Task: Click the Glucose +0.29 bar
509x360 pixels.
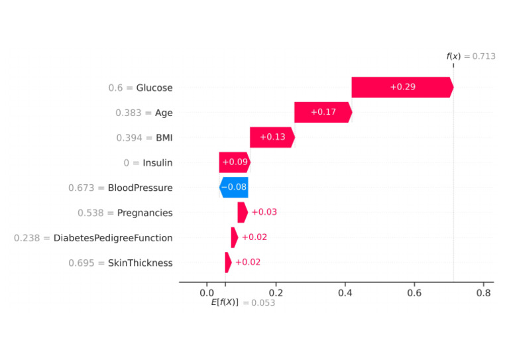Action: click(402, 88)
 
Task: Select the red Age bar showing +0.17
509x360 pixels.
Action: click(323, 113)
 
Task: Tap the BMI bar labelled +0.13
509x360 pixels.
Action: click(272, 137)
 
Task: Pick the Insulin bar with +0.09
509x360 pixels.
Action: click(234, 162)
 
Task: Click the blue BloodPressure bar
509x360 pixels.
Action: click(233, 188)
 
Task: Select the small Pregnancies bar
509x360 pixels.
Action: click(242, 212)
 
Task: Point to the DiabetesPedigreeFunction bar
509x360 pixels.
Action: click(234, 237)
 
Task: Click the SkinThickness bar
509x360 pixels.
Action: click(228, 263)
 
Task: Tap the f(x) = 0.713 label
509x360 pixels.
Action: click(471, 56)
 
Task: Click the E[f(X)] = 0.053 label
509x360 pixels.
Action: click(243, 302)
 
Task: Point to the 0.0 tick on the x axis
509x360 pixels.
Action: click(206, 292)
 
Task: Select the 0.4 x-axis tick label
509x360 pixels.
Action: click(345, 292)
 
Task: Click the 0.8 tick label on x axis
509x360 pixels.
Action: click(483, 292)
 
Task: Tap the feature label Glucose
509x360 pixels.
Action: click(154, 88)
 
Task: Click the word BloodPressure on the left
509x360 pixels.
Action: click(140, 188)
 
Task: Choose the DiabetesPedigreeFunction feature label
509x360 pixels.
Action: click(113, 237)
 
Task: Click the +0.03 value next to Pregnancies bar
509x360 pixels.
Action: click(264, 212)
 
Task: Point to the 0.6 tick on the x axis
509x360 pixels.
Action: click(414, 292)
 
